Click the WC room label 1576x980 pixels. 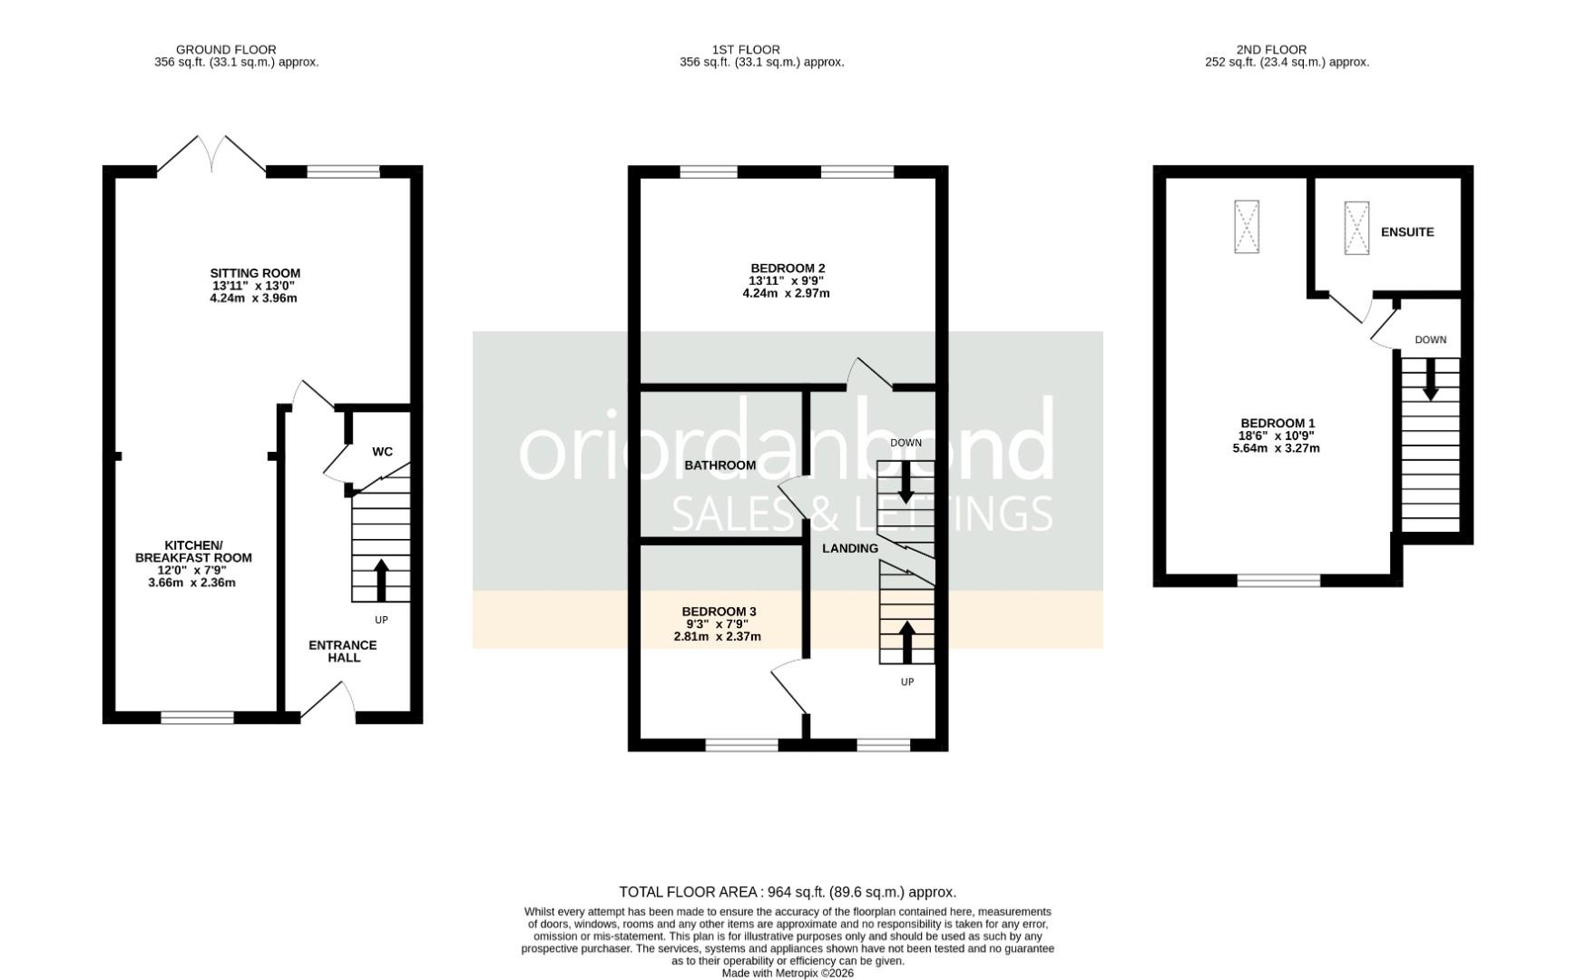tap(382, 452)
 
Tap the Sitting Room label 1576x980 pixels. tap(255, 273)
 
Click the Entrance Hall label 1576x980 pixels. tap(343, 652)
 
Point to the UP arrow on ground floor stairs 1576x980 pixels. tap(381, 581)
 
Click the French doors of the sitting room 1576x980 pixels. tap(212, 153)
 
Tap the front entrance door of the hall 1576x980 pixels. tap(328, 701)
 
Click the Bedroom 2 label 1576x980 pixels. tap(788, 269)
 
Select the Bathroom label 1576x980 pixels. tap(720, 465)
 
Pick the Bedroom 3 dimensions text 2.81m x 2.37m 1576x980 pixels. tap(717, 637)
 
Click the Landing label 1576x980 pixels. tap(850, 548)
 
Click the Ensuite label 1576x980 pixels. tap(1407, 232)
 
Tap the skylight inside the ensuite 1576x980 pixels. tap(1356, 228)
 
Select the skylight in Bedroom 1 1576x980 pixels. tap(1247, 226)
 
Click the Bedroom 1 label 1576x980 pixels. tap(1277, 424)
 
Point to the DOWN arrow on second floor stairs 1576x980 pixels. tap(1431, 379)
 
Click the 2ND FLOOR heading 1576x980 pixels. tap(1271, 50)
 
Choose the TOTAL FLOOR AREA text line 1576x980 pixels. tap(788, 892)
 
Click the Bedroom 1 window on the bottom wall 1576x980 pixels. tap(1279, 581)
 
